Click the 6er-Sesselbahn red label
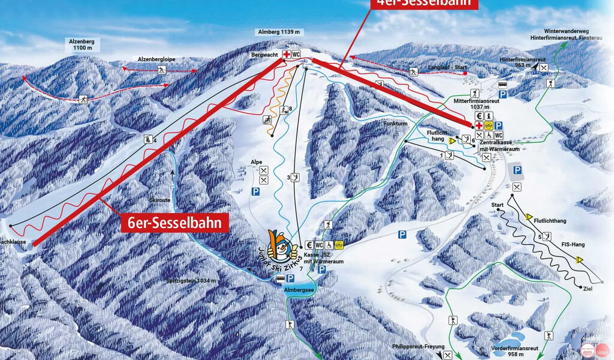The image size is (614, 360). pos(176,223)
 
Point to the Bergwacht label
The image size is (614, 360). pos(266,55)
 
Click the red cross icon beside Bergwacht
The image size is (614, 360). pos(287,55)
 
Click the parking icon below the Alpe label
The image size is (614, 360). pos(255,191)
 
